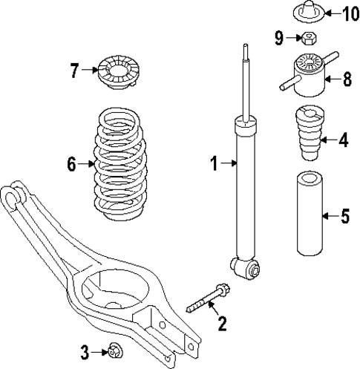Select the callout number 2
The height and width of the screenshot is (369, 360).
click(220, 323)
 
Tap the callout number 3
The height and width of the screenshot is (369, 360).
click(85, 350)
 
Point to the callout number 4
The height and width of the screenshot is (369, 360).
click(342, 140)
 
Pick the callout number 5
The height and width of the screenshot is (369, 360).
click(344, 217)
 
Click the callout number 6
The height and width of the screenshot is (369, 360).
click(72, 164)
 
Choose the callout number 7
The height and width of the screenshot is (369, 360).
click(74, 71)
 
